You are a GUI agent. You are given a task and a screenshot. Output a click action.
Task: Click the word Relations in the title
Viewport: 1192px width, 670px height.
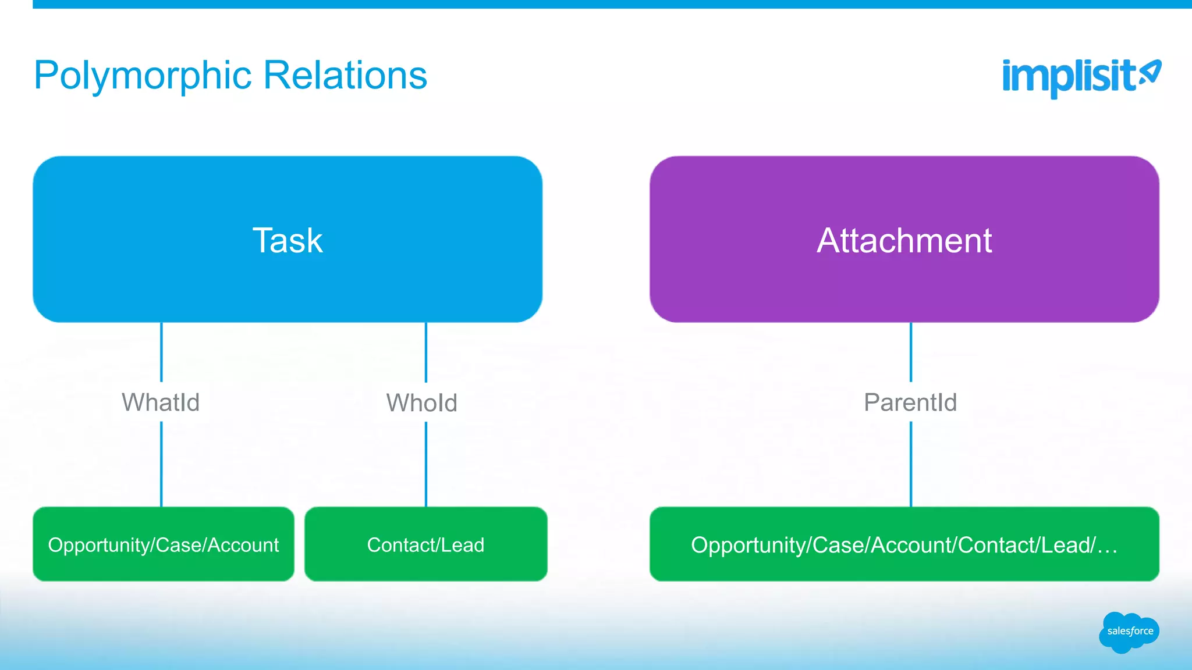coord(345,75)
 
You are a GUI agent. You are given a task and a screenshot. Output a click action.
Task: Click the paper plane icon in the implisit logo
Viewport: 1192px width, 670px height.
coord(1150,73)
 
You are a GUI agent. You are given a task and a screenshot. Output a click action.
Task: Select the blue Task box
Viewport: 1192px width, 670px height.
coord(288,239)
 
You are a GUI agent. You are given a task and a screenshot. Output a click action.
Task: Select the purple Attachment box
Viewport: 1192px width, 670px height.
coord(904,239)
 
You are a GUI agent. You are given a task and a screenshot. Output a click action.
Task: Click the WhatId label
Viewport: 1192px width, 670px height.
coord(161,402)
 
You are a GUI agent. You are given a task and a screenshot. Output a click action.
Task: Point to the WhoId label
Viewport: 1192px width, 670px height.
coord(422,403)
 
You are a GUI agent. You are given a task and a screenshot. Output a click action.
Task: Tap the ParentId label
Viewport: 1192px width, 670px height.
coord(910,402)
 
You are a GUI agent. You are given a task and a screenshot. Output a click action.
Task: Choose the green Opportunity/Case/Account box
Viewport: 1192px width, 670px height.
coord(164,544)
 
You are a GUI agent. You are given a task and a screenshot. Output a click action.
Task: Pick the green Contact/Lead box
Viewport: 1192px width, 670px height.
coord(425,544)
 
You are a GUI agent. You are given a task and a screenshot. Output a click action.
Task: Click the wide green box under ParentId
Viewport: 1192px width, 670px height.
coord(904,544)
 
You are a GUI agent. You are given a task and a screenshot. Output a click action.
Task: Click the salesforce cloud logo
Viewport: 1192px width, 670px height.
coord(1129,632)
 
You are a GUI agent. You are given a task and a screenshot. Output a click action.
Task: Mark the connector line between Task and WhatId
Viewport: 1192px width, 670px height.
coord(161,352)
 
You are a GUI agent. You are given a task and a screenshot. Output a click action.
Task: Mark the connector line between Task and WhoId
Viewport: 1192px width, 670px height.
coord(426,352)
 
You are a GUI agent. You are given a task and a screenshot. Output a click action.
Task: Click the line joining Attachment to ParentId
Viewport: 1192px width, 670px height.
coord(911,352)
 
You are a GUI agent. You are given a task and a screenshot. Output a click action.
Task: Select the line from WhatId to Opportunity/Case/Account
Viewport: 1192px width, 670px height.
coord(161,464)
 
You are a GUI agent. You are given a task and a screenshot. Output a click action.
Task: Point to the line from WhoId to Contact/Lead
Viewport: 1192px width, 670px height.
coord(426,464)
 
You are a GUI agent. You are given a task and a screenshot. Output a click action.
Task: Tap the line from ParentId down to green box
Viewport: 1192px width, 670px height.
coord(911,464)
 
